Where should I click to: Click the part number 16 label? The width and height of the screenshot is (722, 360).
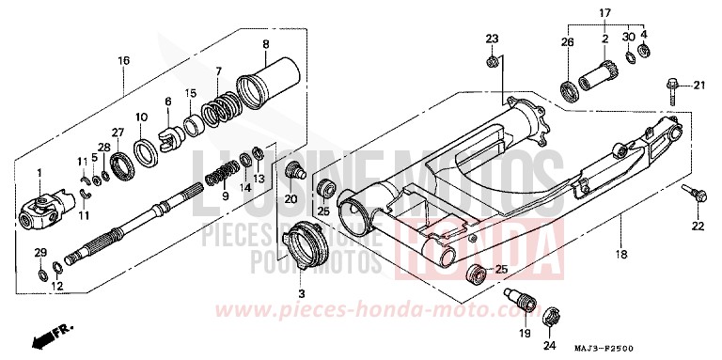tap(123, 60)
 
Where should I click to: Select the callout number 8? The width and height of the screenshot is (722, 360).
tap(266, 44)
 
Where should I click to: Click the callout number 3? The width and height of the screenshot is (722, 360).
tap(301, 294)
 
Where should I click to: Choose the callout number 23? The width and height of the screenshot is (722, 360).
tap(490, 38)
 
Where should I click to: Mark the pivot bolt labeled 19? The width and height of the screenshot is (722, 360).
tap(524, 306)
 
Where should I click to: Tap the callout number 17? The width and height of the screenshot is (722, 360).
tap(606, 12)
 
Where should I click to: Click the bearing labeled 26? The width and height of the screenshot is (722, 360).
tap(570, 91)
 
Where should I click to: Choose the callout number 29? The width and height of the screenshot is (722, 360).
tap(39, 254)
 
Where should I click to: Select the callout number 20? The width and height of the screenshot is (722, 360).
tap(290, 198)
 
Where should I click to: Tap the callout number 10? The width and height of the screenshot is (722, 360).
tap(142, 117)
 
